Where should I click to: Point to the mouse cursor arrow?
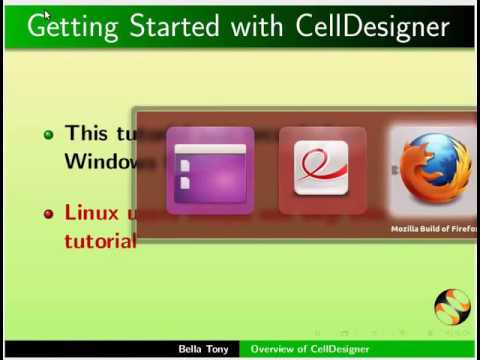[46, 13]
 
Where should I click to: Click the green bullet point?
[47, 134]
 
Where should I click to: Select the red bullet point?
[47, 214]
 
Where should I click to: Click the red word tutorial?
[99, 241]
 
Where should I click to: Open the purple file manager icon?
[210, 170]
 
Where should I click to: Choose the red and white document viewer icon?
[322, 168]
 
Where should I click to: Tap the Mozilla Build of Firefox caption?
[434, 229]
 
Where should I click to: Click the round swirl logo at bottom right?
[451, 307]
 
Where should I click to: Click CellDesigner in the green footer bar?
[336, 349]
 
